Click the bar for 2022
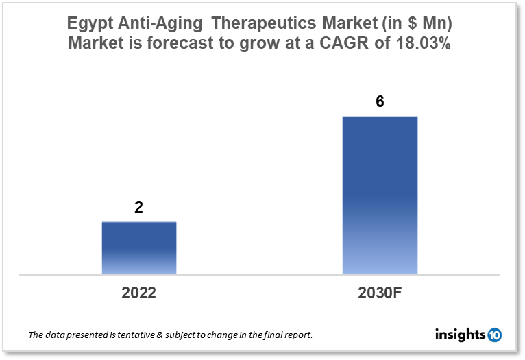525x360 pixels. click(139, 248)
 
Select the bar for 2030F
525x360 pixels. click(380, 195)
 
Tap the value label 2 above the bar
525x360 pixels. click(138, 207)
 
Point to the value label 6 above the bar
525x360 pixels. click(380, 101)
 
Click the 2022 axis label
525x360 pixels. click(138, 293)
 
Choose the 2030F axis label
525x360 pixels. click(380, 293)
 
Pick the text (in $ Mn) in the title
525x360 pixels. click(416, 23)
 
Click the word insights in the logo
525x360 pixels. click(460, 335)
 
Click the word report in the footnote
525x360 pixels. click(297, 335)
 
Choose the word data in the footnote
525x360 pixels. click(56, 335)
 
